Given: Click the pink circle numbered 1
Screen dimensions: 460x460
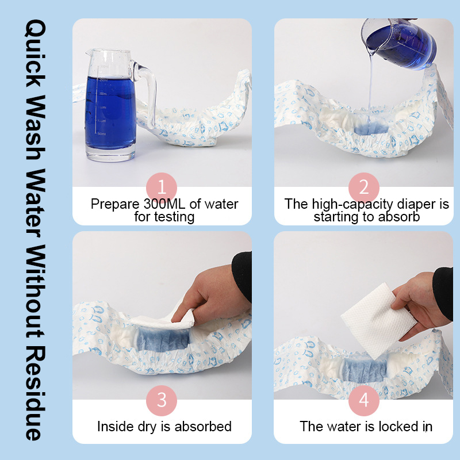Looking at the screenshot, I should (162, 187).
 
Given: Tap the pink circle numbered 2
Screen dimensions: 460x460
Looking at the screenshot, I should (363, 187).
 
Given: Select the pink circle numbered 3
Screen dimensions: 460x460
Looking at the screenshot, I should (162, 400).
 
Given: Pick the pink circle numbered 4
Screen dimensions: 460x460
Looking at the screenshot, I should (363, 400).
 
